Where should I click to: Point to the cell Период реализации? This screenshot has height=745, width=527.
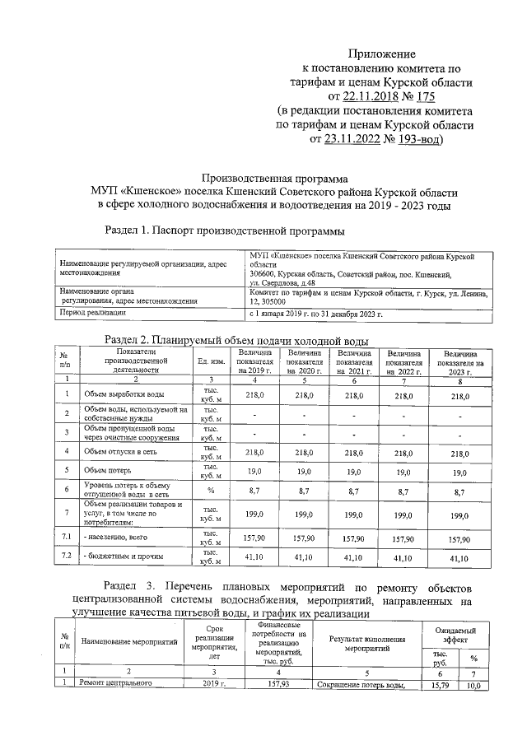pos(92,314)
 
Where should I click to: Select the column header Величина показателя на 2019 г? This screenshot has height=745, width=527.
pos(254,361)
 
